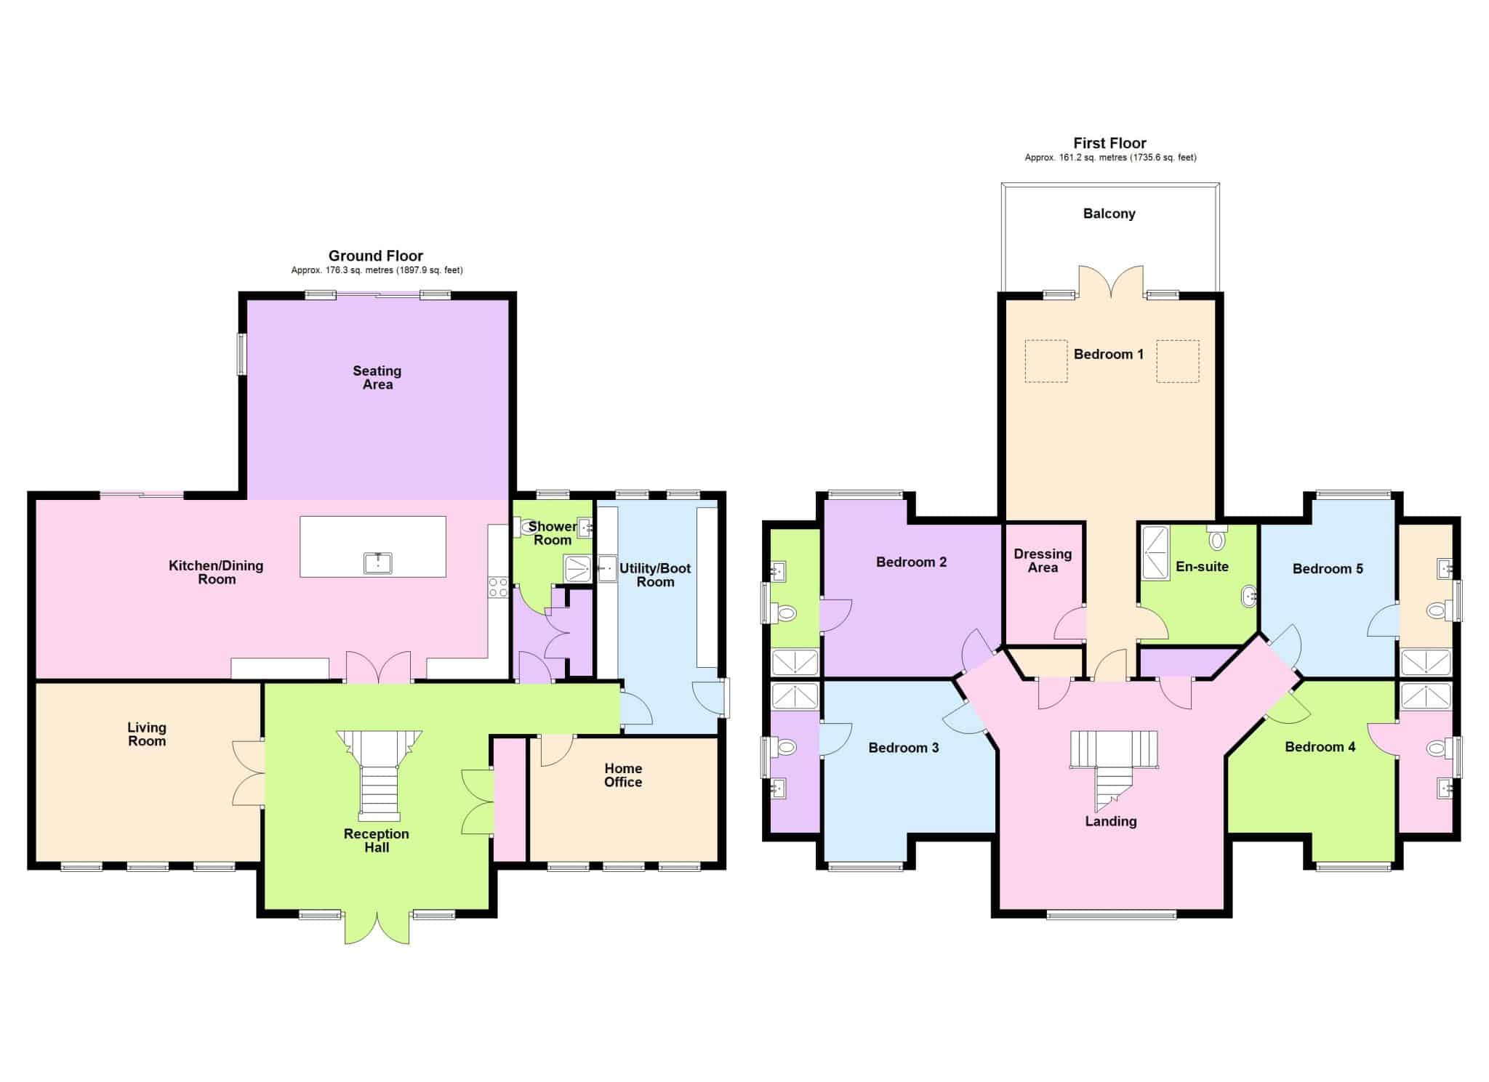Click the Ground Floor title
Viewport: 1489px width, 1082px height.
[375, 256]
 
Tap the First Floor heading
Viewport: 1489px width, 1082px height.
[1109, 143]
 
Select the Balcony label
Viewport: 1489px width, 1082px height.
[1109, 214]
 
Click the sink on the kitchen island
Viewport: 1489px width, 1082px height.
[378, 562]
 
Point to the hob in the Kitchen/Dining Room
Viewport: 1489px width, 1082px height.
[498, 587]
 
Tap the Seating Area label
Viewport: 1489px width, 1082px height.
[377, 378]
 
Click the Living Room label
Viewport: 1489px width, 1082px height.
[147, 734]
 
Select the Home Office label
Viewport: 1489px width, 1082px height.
[623, 775]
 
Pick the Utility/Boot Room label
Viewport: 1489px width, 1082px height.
[655, 575]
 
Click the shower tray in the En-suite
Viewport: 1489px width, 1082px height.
[1156, 553]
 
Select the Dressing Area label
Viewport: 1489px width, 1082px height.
[1043, 560]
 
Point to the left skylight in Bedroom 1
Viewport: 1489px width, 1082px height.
[1046, 361]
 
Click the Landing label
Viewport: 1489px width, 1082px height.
[1110, 821]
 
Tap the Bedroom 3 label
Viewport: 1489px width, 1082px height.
[904, 748]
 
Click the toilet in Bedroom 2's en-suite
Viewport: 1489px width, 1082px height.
[786, 614]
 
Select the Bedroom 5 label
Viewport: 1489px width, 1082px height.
[1328, 569]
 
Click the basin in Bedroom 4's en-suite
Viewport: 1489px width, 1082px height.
[1445, 788]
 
